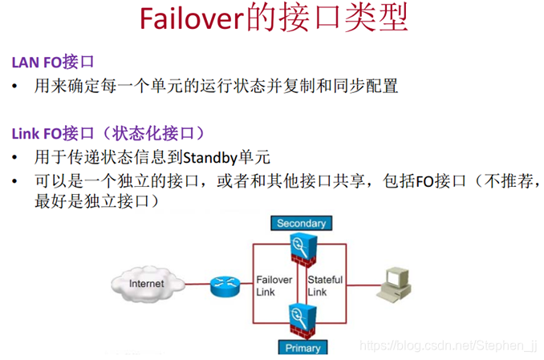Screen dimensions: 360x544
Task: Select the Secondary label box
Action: point(301,223)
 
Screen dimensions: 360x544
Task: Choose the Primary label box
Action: point(302,348)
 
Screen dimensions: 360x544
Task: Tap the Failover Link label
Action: point(275,285)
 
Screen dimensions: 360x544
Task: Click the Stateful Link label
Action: point(325,285)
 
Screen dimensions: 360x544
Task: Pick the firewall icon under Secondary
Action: point(302,249)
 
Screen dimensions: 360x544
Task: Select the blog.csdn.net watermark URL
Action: point(449,346)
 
